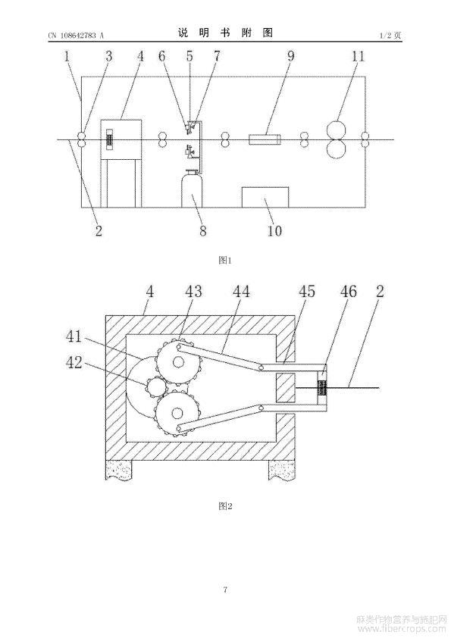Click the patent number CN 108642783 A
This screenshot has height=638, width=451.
pos(76,36)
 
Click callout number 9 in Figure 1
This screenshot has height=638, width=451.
pos(290,56)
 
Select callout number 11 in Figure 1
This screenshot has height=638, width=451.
pos(359,56)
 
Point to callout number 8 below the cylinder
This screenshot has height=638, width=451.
pos(202,230)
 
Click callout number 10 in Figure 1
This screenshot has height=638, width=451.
pos(274,230)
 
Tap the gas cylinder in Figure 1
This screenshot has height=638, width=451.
pos(192,189)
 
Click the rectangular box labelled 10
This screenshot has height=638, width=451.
pos(265,197)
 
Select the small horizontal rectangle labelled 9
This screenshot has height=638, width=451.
pos(265,139)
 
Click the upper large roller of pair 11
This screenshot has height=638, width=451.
pos(337,130)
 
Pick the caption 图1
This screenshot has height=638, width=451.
pos(224,261)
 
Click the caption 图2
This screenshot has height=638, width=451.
pos(224,506)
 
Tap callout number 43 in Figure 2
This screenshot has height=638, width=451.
pos(193,291)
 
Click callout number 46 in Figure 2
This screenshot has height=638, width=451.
pos(348,291)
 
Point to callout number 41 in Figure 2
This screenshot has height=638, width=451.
pos(74,337)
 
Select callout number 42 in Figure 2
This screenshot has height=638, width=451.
pos(74,362)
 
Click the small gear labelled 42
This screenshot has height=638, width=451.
pos(155,386)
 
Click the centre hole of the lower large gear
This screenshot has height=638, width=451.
pos(177,413)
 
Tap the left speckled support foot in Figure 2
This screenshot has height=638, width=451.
pos(118,471)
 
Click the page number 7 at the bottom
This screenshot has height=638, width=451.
pos(225,590)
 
